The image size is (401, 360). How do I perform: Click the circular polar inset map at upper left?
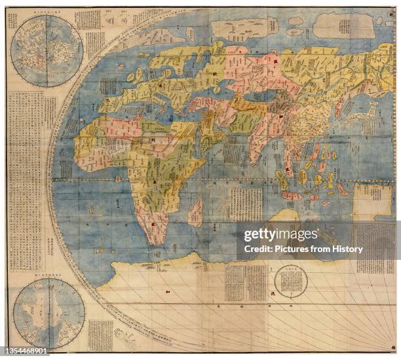(x=47, y=51)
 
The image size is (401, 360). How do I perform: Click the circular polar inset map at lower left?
(x=48, y=313)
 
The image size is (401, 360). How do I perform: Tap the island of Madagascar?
(x=195, y=213)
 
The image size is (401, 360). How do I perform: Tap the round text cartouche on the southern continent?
(x=291, y=281)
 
